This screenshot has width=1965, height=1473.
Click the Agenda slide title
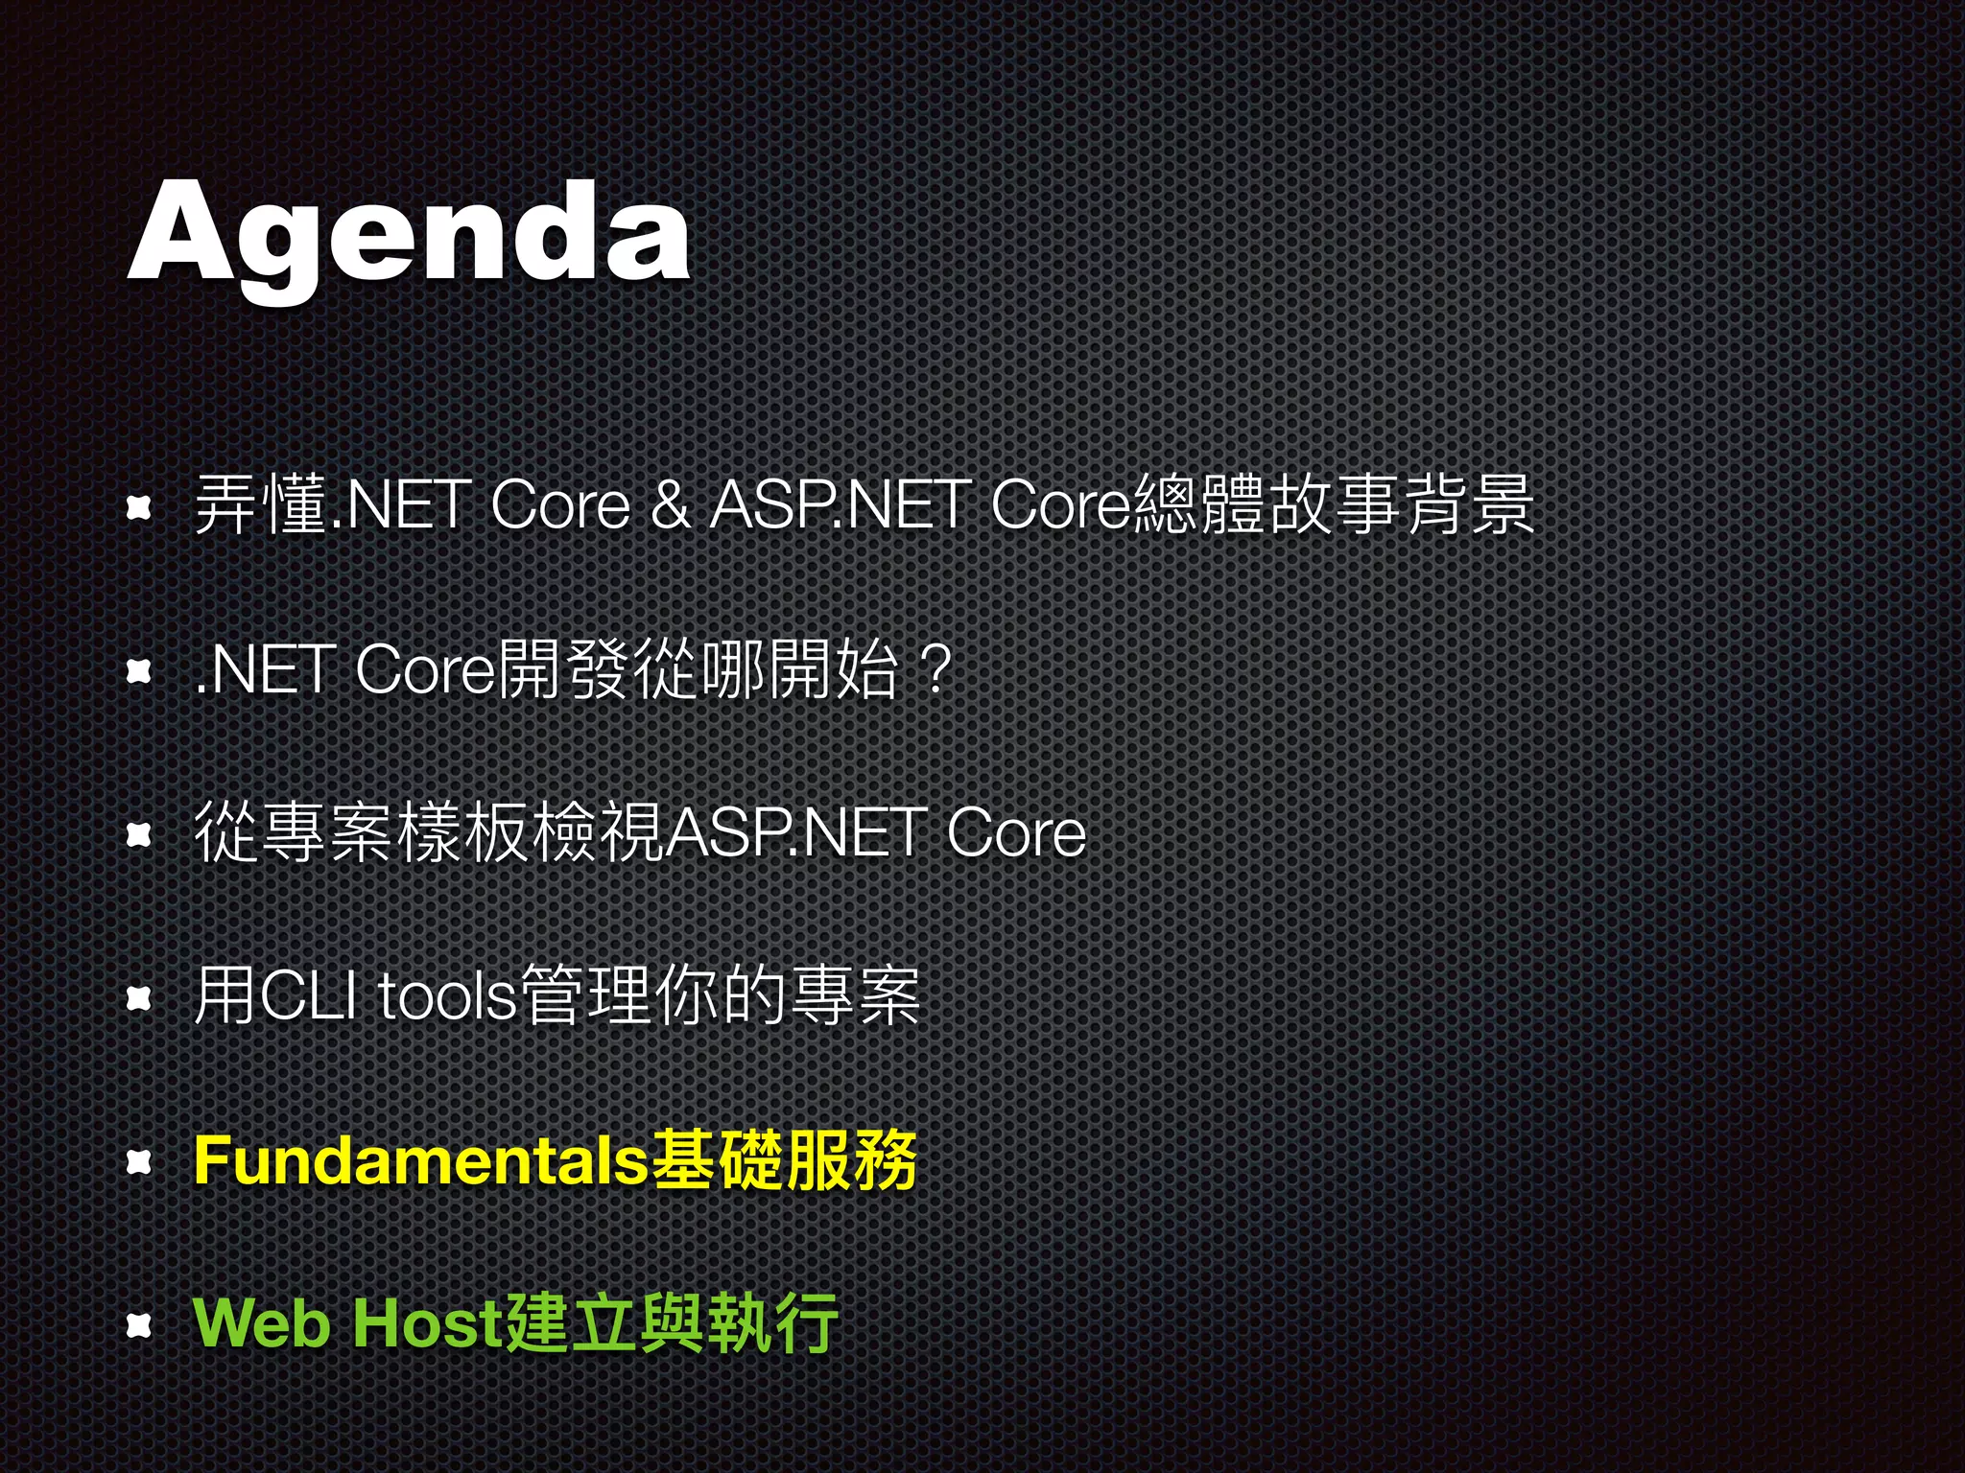(408, 235)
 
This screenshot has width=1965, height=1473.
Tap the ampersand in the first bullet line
(670, 505)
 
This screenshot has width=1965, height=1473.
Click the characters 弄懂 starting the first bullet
(259, 505)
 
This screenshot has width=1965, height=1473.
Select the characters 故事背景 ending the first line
(1401, 505)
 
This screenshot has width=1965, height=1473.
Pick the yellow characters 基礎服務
(783, 1159)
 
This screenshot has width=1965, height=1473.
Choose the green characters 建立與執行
(671, 1323)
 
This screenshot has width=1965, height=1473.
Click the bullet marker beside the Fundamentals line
(141, 1163)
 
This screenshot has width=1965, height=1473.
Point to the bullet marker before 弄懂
(141, 509)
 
